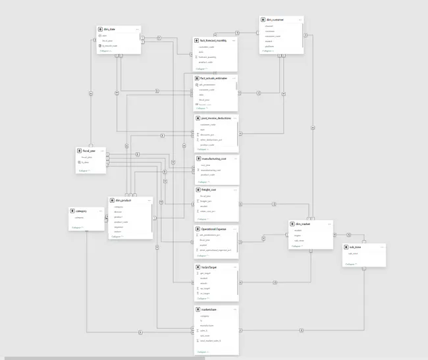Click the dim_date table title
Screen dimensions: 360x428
tap(110, 29)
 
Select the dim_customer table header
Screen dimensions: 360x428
tap(275, 20)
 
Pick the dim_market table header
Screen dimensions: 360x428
tap(304, 224)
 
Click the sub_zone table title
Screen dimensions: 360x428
tap(356, 247)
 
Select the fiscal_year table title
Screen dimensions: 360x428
tap(89, 151)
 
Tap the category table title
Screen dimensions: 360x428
tap(82, 211)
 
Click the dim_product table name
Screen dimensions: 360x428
tap(124, 199)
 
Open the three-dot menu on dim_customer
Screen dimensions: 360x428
tap(300, 20)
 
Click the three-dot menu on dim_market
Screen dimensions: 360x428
tap(329, 224)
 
